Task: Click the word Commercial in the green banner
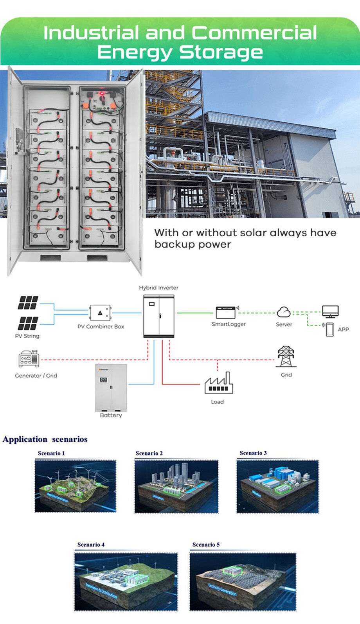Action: click(254, 33)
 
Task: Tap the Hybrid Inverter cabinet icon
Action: click(159, 316)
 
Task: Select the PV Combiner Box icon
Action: click(100, 313)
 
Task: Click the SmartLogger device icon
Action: click(226, 312)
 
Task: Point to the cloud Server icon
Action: click(284, 312)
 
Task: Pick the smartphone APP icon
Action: click(329, 329)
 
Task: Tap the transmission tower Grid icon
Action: click(286, 356)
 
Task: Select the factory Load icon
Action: click(219, 383)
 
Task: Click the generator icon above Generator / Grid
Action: click(29, 358)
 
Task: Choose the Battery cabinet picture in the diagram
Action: click(111, 387)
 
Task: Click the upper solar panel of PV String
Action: click(28, 303)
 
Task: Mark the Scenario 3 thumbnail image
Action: click(277, 486)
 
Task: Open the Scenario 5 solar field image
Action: click(243, 581)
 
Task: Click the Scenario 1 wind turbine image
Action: click(76, 486)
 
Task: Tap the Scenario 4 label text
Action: click(91, 545)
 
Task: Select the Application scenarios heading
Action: click(45, 439)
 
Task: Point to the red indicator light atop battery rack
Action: click(102, 94)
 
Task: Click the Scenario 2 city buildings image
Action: click(176, 486)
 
